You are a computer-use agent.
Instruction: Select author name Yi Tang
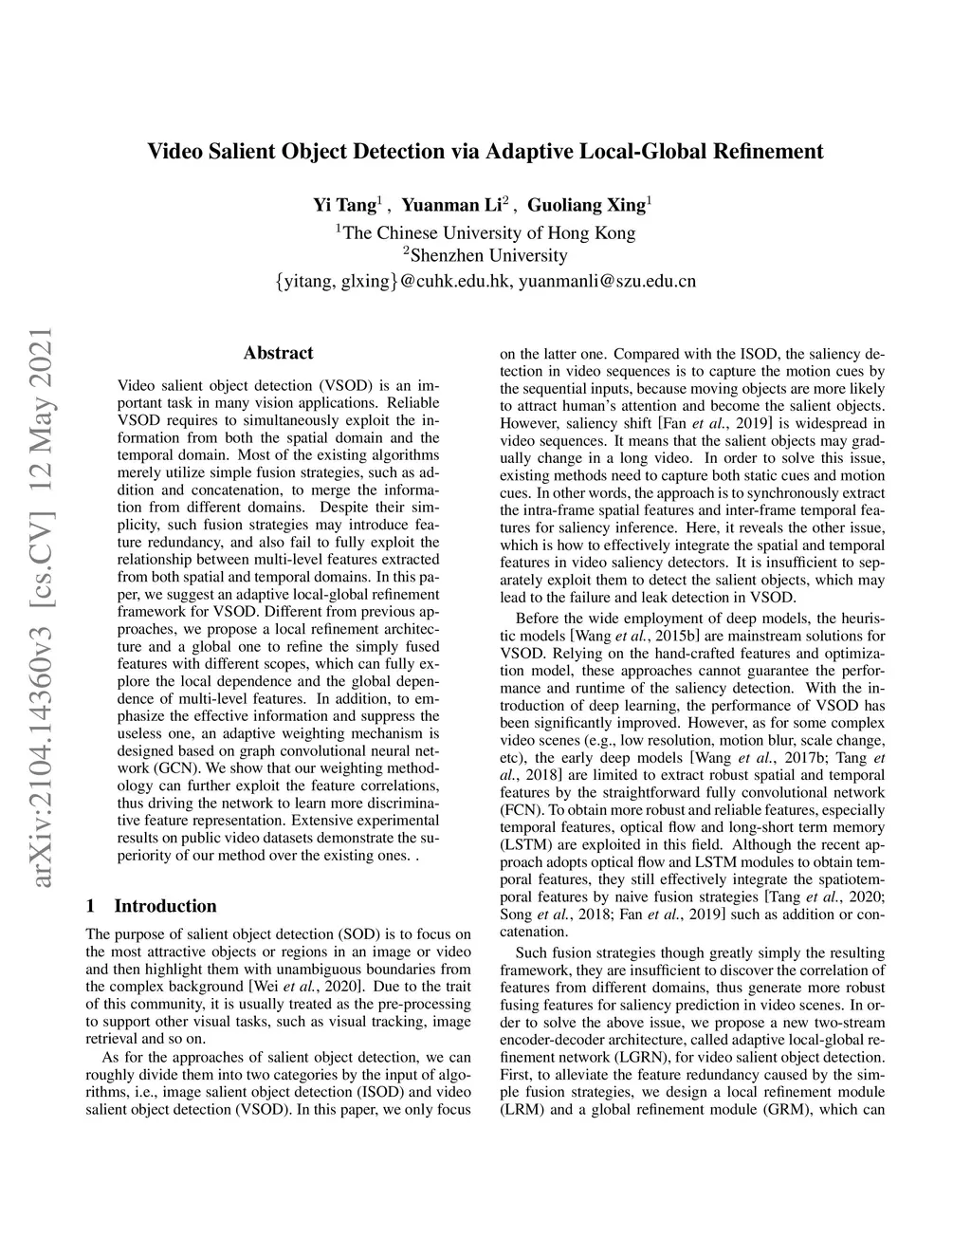(x=344, y=205)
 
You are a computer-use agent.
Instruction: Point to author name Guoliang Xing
(x=586, y=205)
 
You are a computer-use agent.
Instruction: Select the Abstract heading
(x=278, y=353)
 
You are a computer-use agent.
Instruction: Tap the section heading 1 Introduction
(x=151, y=906)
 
